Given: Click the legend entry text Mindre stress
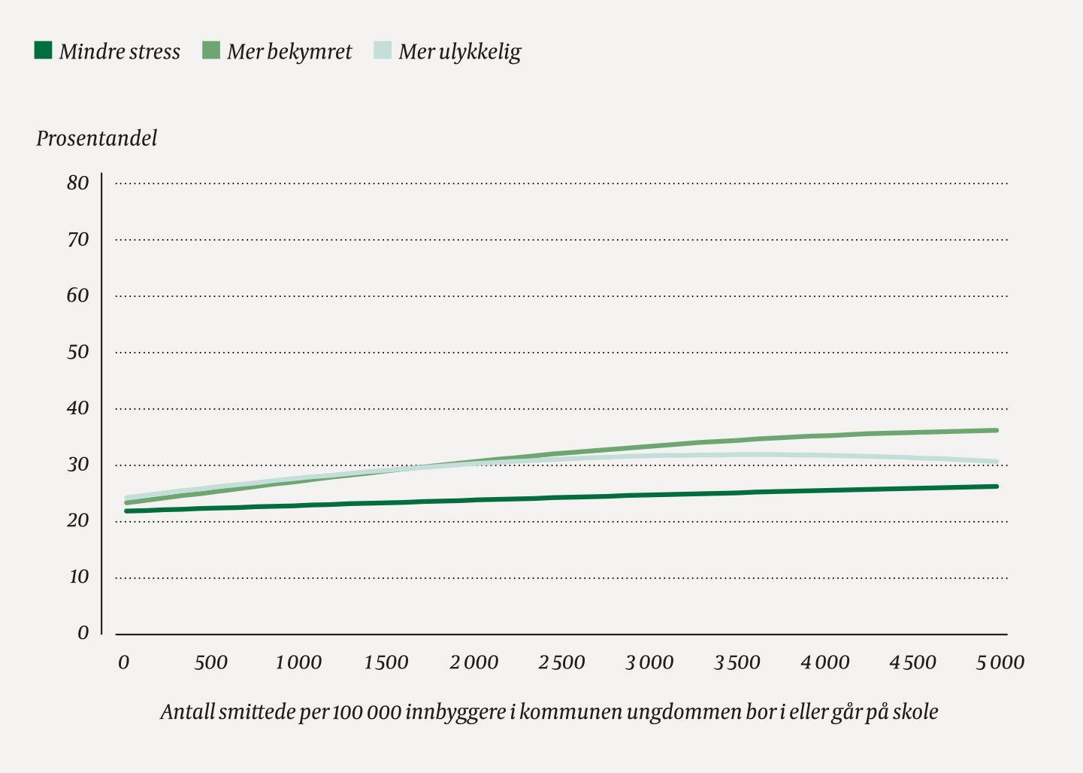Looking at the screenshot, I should coord(119,52).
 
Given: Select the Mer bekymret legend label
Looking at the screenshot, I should coord(289,52).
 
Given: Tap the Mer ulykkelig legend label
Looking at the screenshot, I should coord(459,52).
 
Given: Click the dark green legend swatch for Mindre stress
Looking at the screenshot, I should coord(44,50).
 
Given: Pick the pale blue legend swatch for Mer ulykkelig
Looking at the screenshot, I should coord(383,50).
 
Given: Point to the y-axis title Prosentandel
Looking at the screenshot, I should coord(97,138).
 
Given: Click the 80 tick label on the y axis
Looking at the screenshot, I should coord(77,183).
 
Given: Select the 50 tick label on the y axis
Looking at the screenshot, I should coord(77,352).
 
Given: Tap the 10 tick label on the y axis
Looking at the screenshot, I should coord(79,577).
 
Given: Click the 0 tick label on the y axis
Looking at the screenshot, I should coord(83,633).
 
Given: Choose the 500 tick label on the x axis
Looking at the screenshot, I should coord(210,662).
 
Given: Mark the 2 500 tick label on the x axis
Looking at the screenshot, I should coord(561,662).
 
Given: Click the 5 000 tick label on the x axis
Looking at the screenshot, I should coord(1000,662).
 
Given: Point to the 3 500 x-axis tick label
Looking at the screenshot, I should coord(737,662).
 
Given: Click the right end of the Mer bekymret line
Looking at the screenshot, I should coord(996,430).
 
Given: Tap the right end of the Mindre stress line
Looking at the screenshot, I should coord(996,487).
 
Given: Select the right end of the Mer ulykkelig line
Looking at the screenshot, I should coord(996,462).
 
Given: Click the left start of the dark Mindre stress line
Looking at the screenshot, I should coord(127,511).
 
